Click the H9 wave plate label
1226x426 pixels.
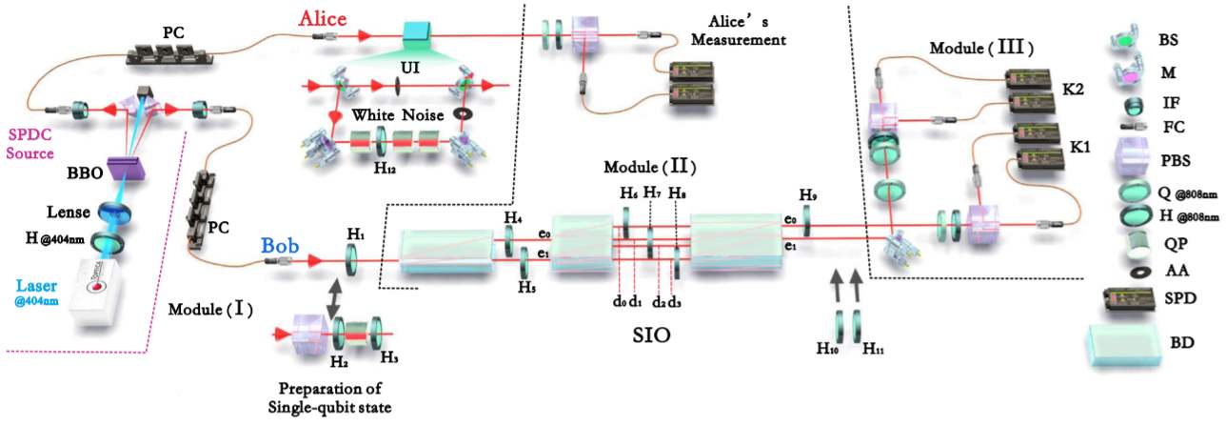pyautogui.click(x=807, y=197)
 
